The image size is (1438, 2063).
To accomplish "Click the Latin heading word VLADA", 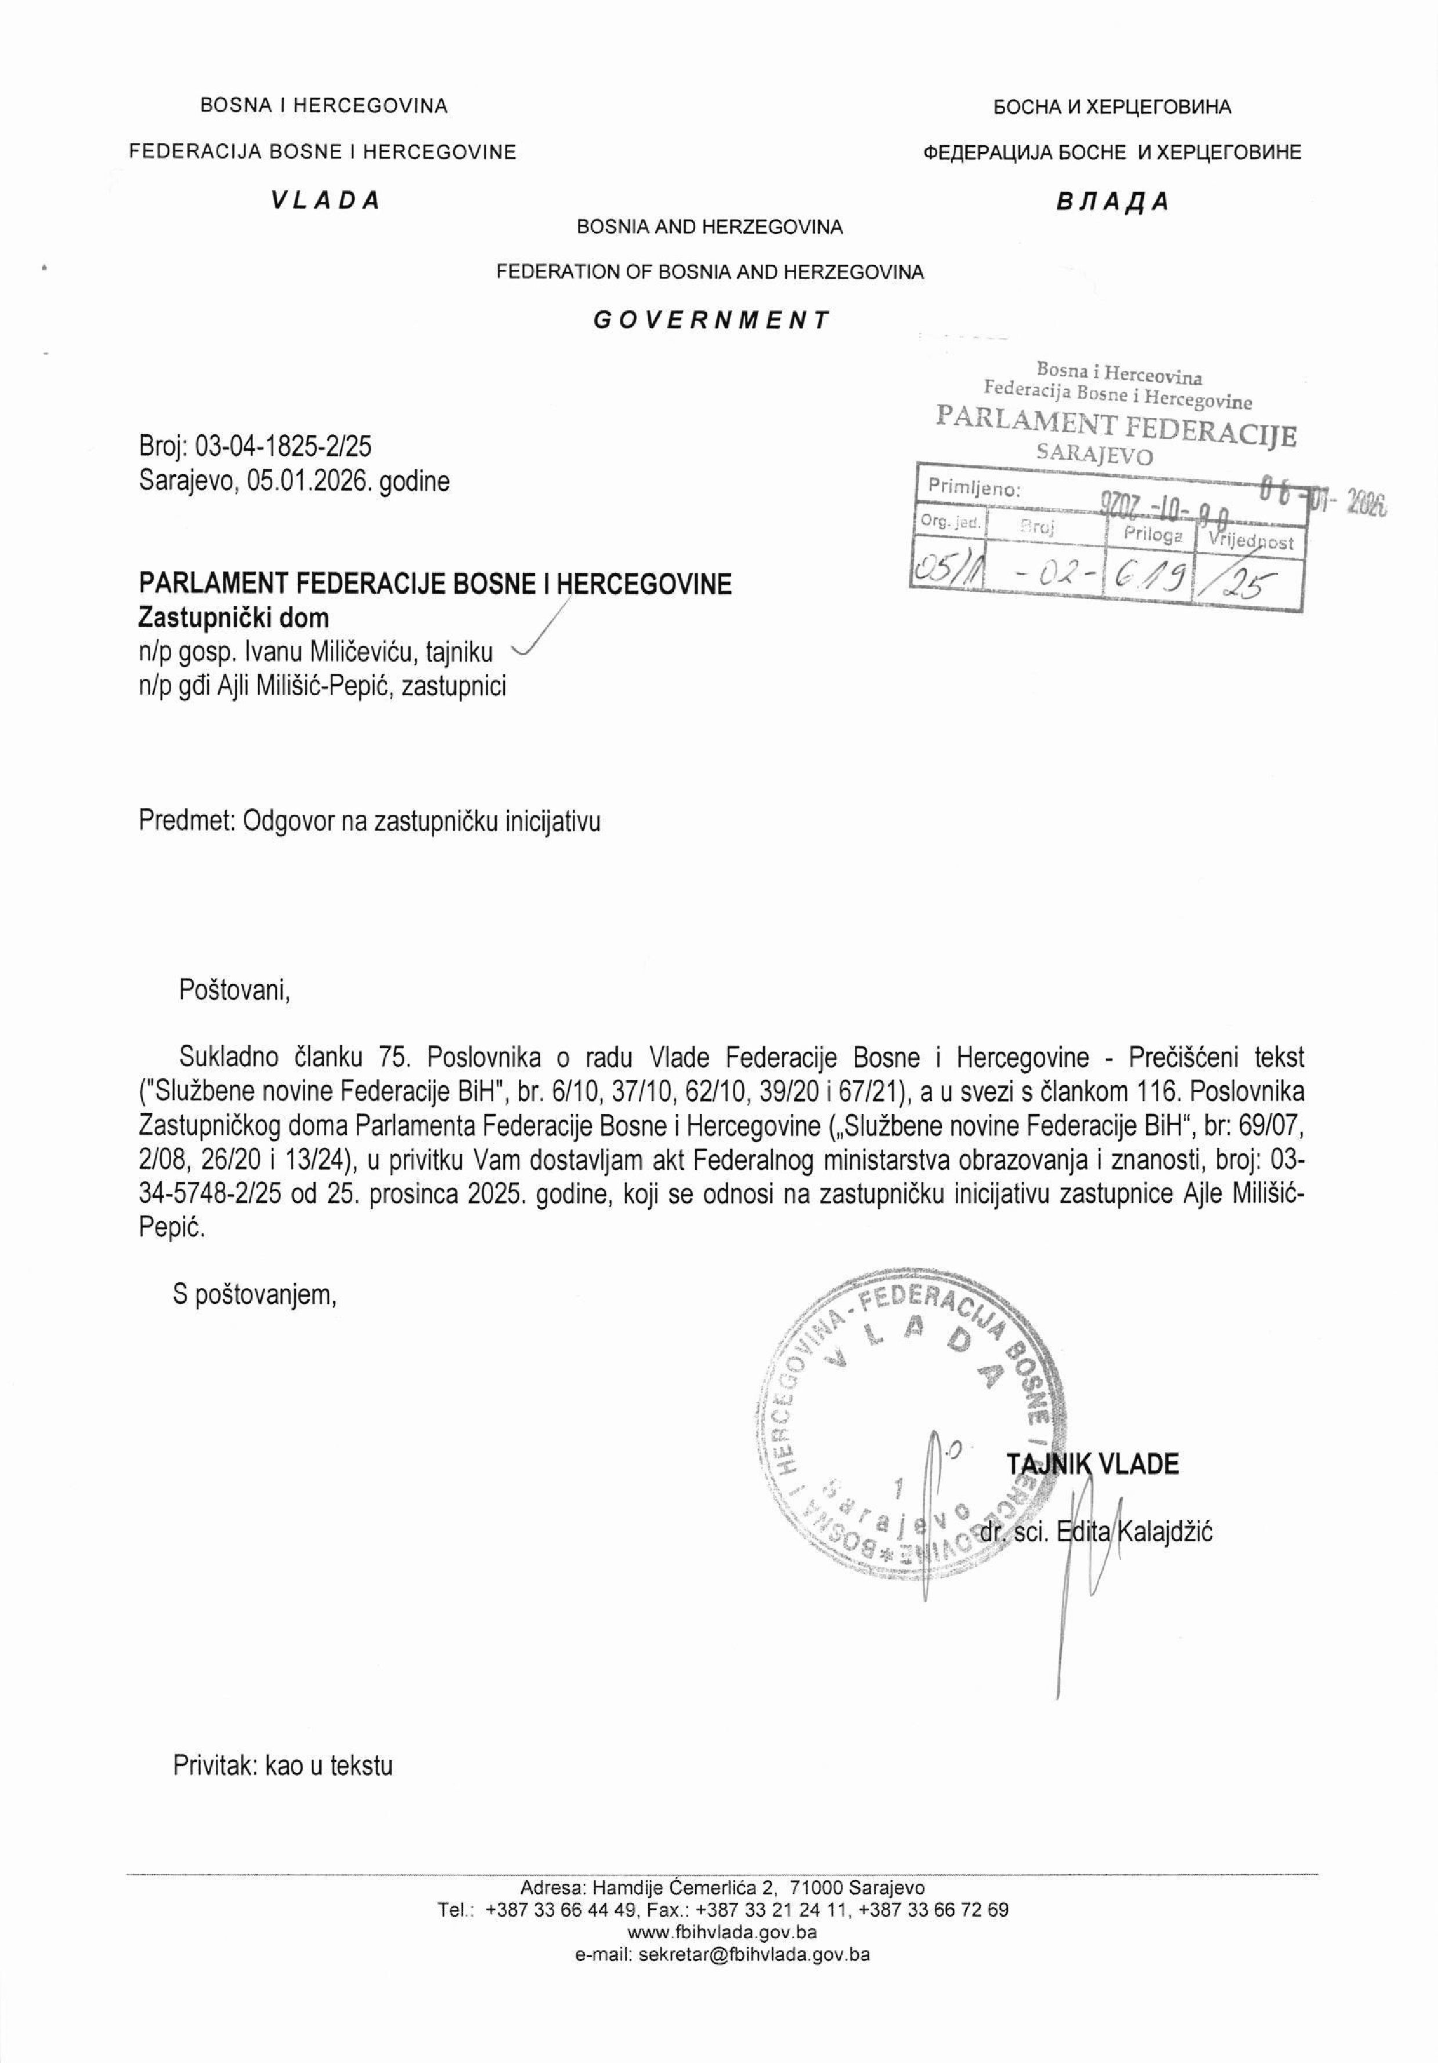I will (x=326, y=200).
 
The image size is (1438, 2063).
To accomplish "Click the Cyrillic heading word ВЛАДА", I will (x=1112, y=201).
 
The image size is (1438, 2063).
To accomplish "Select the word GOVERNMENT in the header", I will (x=711, y=320).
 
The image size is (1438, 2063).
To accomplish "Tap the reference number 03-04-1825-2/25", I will (x=284, y=447).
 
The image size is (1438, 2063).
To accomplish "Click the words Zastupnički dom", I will (x=234, y=617).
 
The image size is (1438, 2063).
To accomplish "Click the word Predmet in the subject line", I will (x=186, y=821).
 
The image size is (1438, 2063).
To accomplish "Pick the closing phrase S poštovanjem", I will (x=255, y=1295).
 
